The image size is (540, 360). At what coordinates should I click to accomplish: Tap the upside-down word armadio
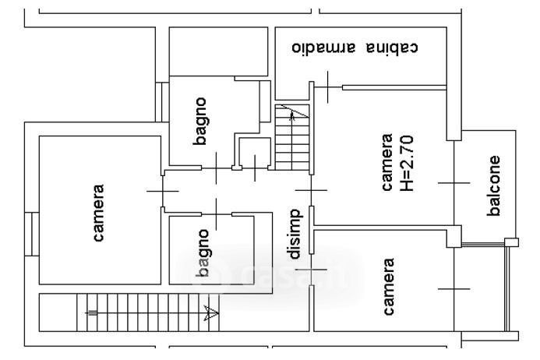pyautogui.click(x=324, y=48)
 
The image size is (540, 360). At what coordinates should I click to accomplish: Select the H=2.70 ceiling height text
pyautogui.click(x=413, y=164)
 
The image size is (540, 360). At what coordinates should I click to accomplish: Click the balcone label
pyautogui.click(x=494, y=185)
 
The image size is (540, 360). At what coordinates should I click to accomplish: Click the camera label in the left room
pyautogui.click(x=99, y=211)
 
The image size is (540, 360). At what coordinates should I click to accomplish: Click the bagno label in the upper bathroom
pyautogui.click(x=200, y=121)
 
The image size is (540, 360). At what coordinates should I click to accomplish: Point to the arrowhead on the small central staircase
pyautogui.click(x=292, y=116)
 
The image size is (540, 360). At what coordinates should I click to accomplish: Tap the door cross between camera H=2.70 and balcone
pyautogui.click(x=454, y=182)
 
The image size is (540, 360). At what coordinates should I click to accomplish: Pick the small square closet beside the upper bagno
pyautogui.click(x=254, y=154)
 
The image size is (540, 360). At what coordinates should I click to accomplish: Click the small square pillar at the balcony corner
pyautogui.click(x=511, y=242)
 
